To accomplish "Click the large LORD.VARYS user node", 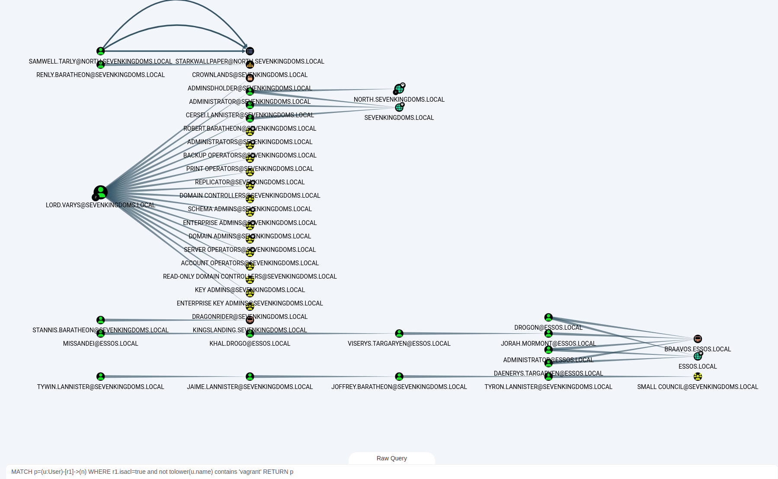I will pyautogui.click(x=101, y=192).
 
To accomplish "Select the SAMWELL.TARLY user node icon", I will pyautogui.click(x=101, y=51).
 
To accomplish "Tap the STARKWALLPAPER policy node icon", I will pyautogui.click(x=250, y=51).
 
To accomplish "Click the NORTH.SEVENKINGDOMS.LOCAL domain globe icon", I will pyautogui.click(x=399, y=89).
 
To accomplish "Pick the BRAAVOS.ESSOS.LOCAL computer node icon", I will pyautogui.click(x=698, y=339).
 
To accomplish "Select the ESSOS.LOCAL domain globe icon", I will pyautogui.click(x=698, y=356).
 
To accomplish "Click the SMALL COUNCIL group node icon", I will pyautogui.click(x=698, y=376).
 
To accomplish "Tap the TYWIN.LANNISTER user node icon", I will pyautogui.click(x=101, y=376).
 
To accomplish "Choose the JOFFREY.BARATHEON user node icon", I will pyautogui.click(x=399, y=376).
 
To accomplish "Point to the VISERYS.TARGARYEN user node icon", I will pyautogui.click(x=399, y=333).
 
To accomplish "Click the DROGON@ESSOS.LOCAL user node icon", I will pyautogui.click(x=548, y=317).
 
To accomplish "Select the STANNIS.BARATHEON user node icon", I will pyautogui.click(x=101, y=320).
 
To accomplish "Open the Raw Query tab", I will pyautogui.click(x=391, y=458).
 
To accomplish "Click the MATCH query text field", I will pyautogui.click(x=389, y=472).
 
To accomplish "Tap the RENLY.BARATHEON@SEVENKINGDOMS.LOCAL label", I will pyautogui.click(x=100, y=75).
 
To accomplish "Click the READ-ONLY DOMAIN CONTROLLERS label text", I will pyautogui.click(x=250, y=276).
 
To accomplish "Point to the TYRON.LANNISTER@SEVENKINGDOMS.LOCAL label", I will pyautogui.click(x=548, y=387).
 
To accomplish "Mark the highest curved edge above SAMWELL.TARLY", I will pyautogui.click(x=175, y=1).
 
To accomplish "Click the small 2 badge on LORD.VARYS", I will pyautogui.click(x=96, y=197).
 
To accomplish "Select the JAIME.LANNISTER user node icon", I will pyautogui.click(x=250, y=376).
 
